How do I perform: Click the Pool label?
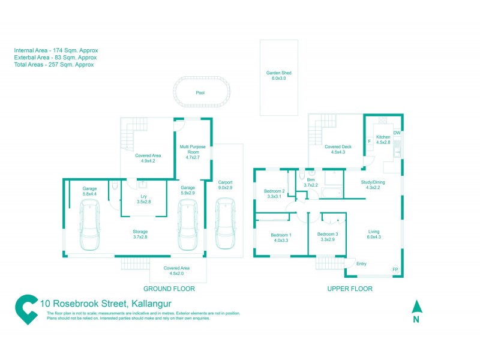click(x=200, y=93)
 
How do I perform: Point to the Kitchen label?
click(x=383, y=137)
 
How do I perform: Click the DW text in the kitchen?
click(x=397, y=133)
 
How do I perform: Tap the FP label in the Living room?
click(x=395, y=270)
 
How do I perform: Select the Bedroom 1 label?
click(x=281, y=235)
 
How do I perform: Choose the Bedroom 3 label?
click(x=328, y=234)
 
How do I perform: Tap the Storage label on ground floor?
click(x=140, y=232)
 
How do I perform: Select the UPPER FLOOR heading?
click(x=350, y=289)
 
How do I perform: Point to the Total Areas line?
click(x=54, y=65)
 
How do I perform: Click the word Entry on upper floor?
click(x=361, y=264)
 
